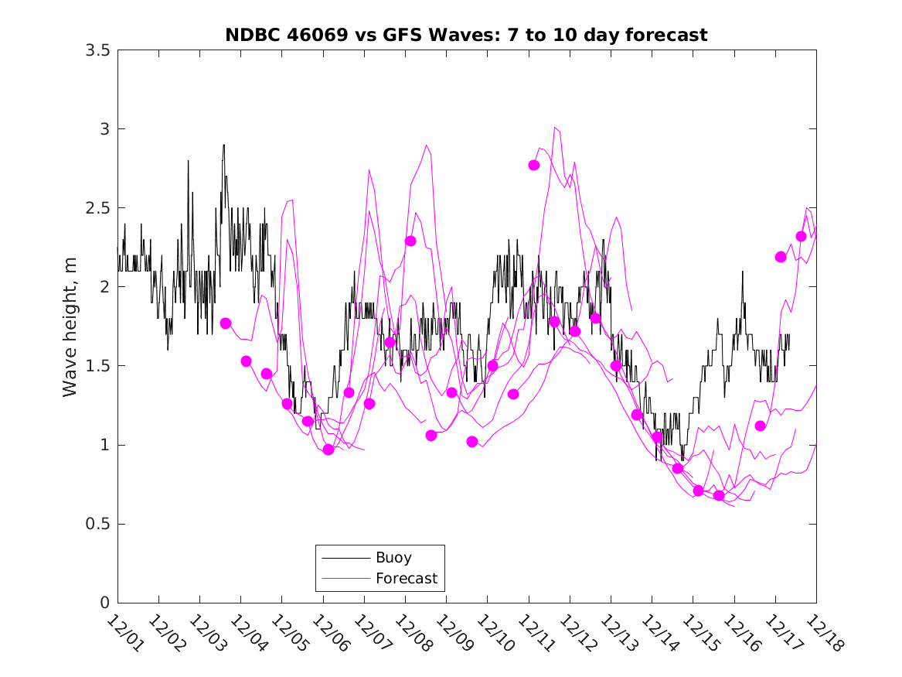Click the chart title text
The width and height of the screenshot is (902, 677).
[466, 35]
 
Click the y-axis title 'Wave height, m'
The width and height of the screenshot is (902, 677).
[70, 326]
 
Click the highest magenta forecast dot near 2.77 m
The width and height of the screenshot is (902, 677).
[534, 165]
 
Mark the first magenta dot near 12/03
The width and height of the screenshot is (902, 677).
[226, 323]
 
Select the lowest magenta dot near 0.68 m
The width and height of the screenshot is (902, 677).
[719, 495]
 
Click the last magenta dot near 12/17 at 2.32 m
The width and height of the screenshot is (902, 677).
[801, 236]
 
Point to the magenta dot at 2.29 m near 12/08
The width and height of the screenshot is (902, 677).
[410, 241]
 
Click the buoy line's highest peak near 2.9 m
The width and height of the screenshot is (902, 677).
[223, 145]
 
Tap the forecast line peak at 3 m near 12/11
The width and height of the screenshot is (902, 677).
[555, 128]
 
